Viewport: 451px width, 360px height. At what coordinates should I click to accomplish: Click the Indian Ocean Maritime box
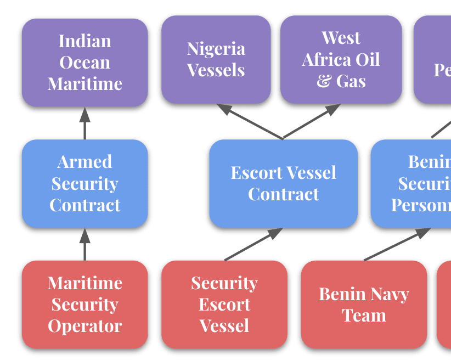tap(84, 62)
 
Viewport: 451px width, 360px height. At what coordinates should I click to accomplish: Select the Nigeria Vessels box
tap(216, 59)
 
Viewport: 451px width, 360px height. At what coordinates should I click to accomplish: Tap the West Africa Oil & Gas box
tap(341, 59)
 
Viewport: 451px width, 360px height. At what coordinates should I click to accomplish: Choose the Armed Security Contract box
tap(84, 183)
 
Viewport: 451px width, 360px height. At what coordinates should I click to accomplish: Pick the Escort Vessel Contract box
tap(283, 183)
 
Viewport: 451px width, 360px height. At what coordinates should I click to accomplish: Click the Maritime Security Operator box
tap(84, 304)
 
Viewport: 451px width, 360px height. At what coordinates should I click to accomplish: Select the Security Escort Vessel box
tap(224, 304)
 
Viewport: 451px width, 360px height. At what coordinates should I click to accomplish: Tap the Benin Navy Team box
tap(364, 304)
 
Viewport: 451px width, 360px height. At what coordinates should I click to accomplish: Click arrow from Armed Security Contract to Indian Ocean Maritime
tap(84, 123)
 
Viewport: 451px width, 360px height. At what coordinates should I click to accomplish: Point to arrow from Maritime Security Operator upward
tap(84, 244)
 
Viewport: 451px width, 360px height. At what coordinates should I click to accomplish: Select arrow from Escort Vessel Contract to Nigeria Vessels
tap(250, 122)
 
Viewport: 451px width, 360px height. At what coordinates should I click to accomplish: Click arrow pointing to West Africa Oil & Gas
tap(312, 122)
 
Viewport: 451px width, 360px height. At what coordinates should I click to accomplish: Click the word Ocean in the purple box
tap(84, 62)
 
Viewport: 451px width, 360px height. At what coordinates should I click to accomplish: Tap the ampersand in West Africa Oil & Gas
tap(324, 81)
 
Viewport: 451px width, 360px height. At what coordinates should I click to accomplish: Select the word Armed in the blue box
tap(84, 162)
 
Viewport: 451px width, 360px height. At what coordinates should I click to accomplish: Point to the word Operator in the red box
tap(84, 325)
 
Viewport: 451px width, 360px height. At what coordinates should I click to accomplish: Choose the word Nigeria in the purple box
tap(216, 49)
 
